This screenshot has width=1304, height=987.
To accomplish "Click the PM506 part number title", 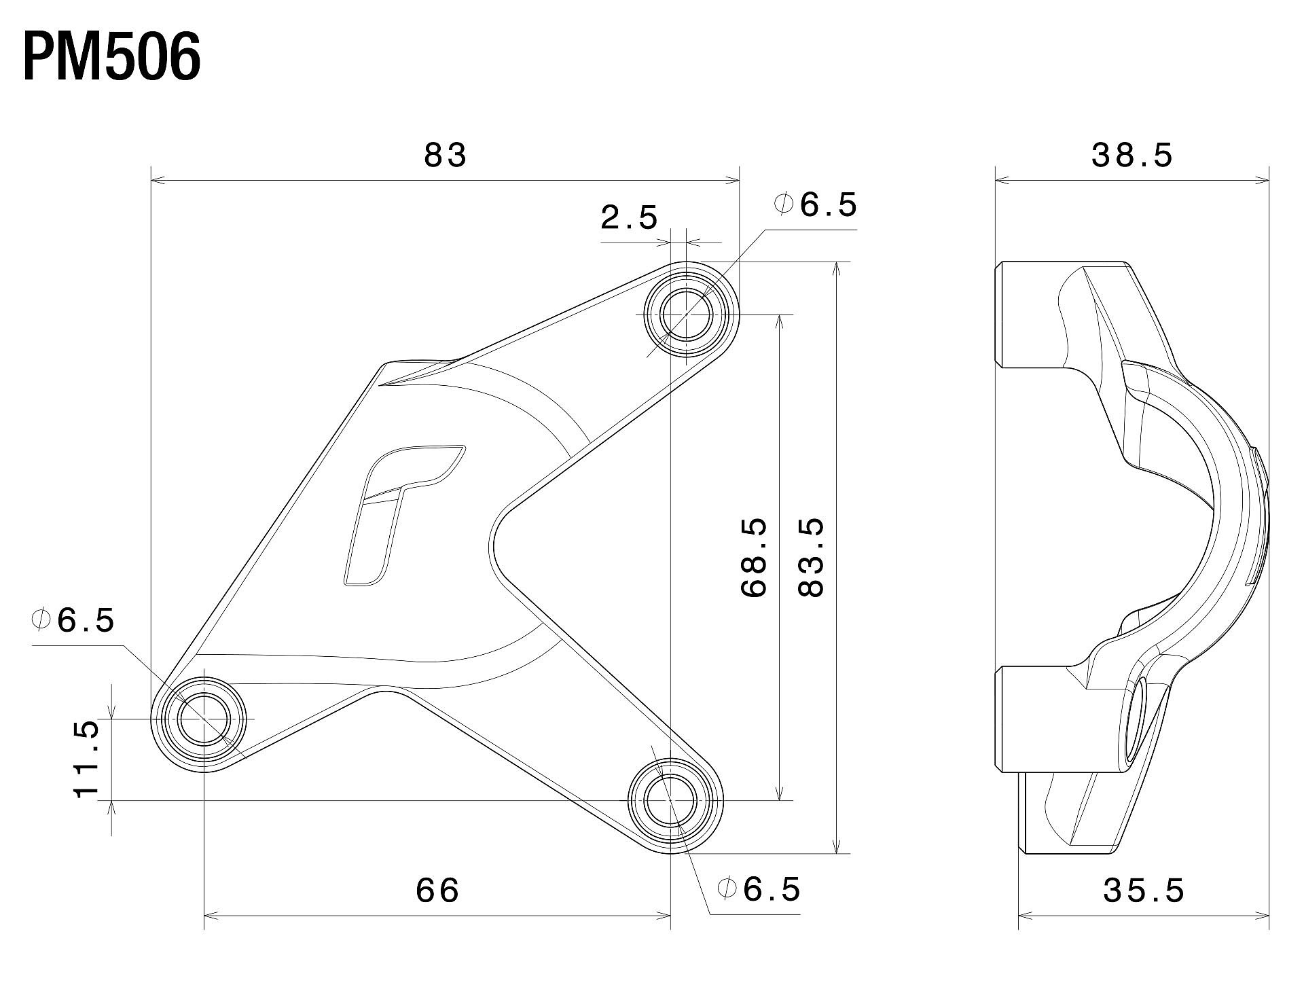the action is coord(112,58).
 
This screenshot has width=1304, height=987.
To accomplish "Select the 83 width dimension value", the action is coord(446,155).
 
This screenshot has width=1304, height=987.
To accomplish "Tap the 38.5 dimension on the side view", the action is coord(1132,156).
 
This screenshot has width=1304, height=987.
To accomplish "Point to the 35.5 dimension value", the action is coord(1144,891).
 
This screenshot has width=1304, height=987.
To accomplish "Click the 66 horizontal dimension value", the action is coord(437,890).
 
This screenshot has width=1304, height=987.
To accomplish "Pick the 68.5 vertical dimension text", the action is coord(754,558).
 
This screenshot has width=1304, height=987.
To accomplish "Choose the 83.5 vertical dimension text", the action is coord(811,558).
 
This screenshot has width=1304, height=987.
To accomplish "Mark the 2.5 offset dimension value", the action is coord(630,217).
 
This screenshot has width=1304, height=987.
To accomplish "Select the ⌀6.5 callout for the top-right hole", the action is coord(816,204).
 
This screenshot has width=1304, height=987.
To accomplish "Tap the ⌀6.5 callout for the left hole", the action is coord(73,620).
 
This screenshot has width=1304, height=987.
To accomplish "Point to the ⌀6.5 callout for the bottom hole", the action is coord(759,889).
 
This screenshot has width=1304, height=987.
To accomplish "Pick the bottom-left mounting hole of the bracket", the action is coord(203,719).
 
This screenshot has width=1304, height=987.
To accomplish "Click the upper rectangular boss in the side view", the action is coord(1032,315).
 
